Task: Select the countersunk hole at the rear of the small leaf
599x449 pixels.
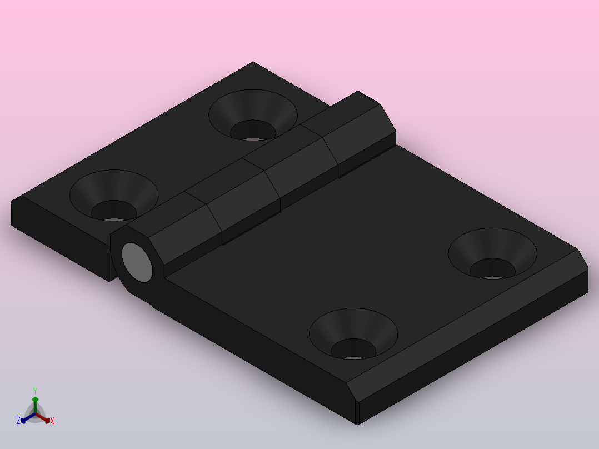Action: (x=253, y=117)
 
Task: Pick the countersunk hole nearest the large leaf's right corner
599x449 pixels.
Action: (x=492, y=256)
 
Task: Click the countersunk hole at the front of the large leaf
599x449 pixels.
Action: (x=353, y=336)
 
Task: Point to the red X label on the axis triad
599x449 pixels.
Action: (x=52, y=421)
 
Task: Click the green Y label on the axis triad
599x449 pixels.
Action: (x=35, y=391)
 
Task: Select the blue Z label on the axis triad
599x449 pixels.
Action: (x=18, y=421)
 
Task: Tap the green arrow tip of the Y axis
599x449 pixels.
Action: (x=35, y=399)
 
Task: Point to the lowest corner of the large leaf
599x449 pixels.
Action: (x=357, y=424)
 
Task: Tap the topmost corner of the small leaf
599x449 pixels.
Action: (x=253, y=62)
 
